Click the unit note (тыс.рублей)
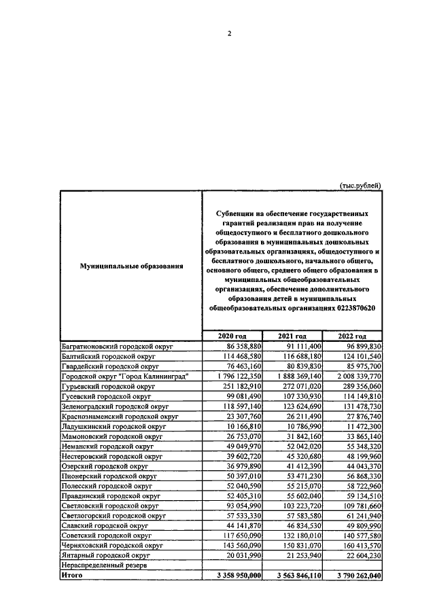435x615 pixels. (360, 185)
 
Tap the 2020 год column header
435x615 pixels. (232, 336)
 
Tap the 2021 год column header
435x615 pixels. (292, 336)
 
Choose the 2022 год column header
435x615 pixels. (352, 336)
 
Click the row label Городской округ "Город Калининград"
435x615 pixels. (124, 376)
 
